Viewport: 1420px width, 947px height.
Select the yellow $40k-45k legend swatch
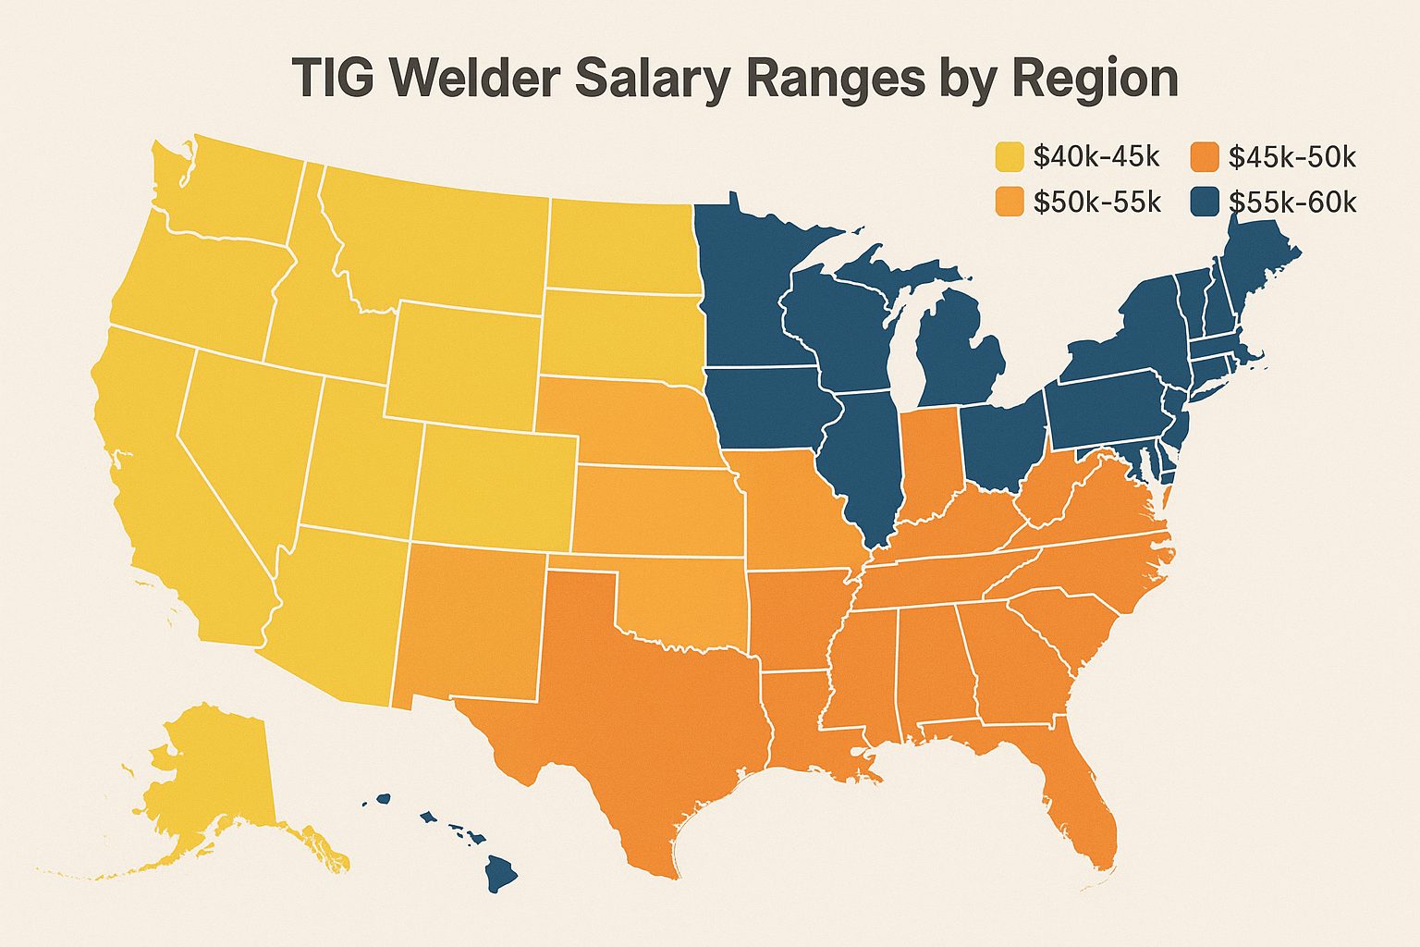pyautogui.click(x=1010, y=157)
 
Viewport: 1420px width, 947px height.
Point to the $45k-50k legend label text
pyautogui.click(x=1291, y=157)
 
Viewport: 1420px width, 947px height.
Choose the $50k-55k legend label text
pyautogui.click(x=1096, y=202)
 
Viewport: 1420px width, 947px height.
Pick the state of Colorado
pyautogui.click(x=495, y=486)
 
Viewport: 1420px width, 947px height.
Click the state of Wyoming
pyautogui.click(x=462, y=361)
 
